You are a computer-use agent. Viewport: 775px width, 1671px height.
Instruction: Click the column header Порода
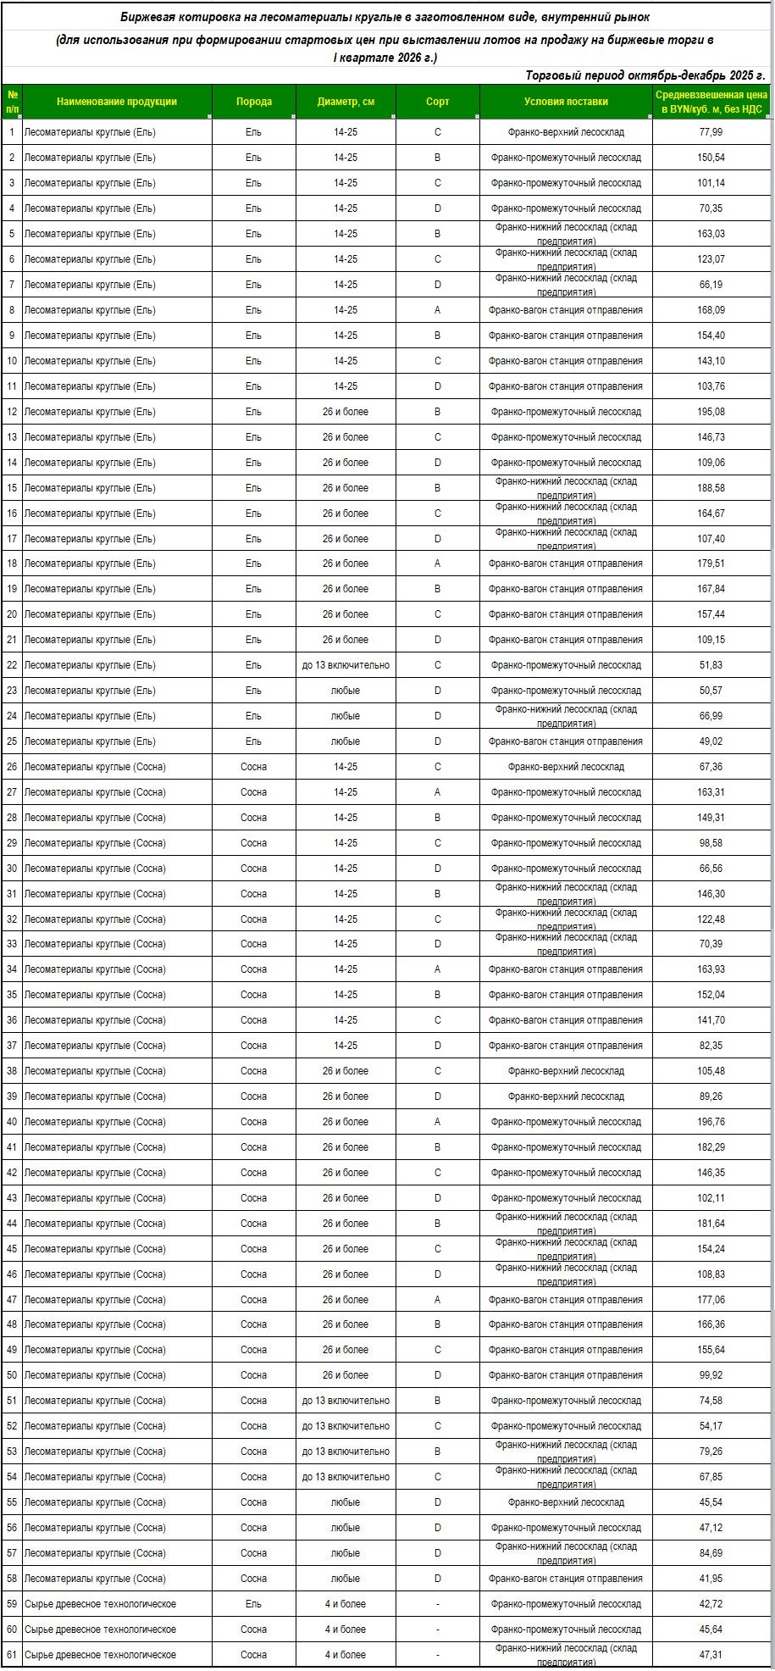click(x=253, y=102)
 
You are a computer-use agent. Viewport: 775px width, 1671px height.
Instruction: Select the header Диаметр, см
click(x=346, y=102)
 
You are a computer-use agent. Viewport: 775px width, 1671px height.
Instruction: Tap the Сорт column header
click(x=437, y=102)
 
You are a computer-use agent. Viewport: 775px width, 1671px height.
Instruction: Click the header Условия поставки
click(x=566, y=102)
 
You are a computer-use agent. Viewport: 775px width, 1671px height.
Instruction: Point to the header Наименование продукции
click(x=117, y=102)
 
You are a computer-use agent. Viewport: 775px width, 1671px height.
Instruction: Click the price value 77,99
click(x=711, y=132)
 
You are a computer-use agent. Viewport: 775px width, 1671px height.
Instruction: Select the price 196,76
click(x=711, y=1122)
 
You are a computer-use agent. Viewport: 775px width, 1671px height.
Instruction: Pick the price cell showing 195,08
click(x=711, y=412)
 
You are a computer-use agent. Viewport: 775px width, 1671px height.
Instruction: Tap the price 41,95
click(x=711, y=1579)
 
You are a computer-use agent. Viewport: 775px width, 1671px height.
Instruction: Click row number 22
click(x=12, y=665)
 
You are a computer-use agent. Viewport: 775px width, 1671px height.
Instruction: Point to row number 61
click(x=12, y=1655)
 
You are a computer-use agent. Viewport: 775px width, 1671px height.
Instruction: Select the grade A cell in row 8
click(x=437, y=310)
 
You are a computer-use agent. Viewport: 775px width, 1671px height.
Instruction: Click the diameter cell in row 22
click(x=346, y=665)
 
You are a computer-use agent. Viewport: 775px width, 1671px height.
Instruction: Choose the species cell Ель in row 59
click(x=253, y=1604)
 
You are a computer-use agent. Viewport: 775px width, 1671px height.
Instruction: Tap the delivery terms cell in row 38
click(x=566, y=1071)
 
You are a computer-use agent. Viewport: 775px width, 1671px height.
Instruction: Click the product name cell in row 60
click(x=100, y=1629)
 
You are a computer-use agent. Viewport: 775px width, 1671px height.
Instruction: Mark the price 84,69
click(x=711, y=1553)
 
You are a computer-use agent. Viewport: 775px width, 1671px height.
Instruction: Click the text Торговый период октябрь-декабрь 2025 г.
click(x=645, y=75)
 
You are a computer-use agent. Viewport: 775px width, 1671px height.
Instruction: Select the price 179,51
click(x=711, y=563)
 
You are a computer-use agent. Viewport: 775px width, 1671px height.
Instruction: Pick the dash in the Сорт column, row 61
click(x=437, y=1655)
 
